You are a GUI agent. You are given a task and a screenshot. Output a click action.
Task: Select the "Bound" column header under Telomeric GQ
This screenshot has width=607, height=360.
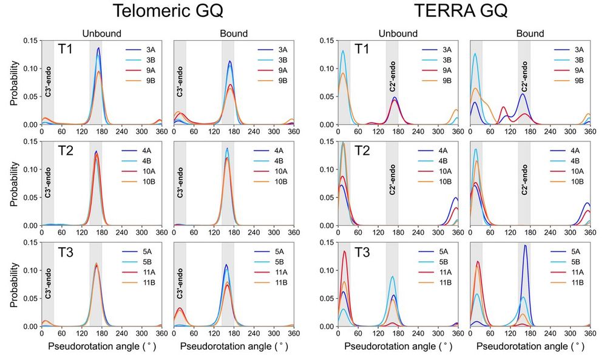[x=233, y=33]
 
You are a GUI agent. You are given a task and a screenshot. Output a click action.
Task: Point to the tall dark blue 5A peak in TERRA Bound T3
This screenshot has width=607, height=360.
[x=525, y=245]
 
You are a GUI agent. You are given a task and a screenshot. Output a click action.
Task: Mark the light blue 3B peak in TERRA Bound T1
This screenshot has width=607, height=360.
[x=475, y=54]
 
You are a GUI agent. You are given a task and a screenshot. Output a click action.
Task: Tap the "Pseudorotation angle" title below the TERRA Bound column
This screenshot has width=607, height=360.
[x=529, y=347]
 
